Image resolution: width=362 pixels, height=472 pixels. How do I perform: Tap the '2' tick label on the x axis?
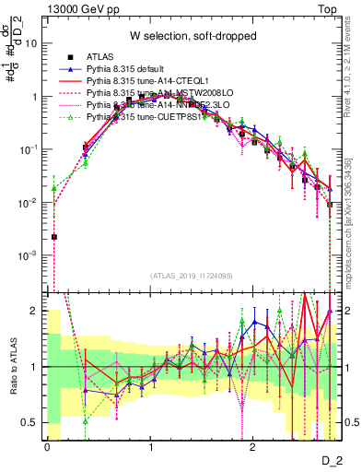tap(252, 447)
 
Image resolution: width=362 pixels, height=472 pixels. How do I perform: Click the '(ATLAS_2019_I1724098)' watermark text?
tap(191, 276)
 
